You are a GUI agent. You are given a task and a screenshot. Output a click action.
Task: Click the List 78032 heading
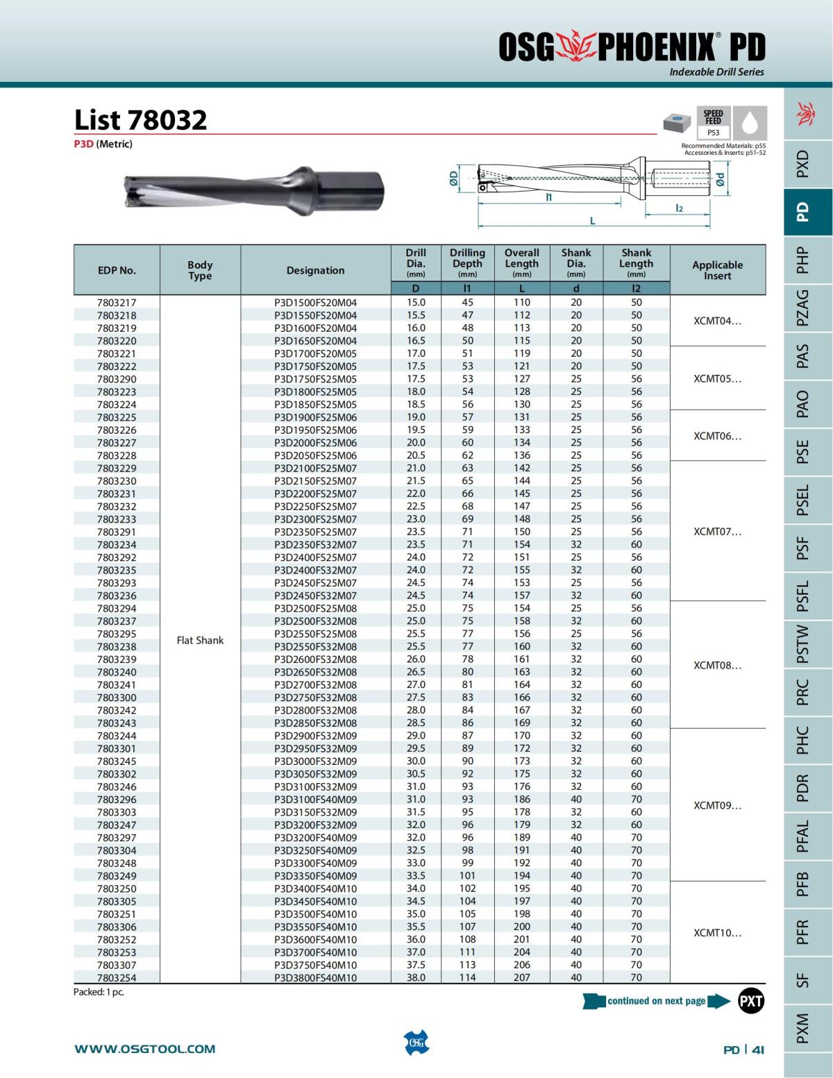coord(141,120)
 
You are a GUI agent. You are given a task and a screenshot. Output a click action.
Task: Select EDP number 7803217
coord(117,303)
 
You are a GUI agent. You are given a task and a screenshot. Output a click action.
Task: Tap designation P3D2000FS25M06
coord(315,443)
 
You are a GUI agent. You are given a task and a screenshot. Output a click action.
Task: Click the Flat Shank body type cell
coord(200,640)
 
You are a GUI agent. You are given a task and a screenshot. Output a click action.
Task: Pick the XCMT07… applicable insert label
coord(717,532)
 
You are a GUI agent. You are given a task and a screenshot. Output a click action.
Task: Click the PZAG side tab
coord(802,308)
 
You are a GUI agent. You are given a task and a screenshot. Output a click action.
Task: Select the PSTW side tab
coord(802,643)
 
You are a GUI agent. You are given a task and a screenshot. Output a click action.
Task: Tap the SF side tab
coord(802,979)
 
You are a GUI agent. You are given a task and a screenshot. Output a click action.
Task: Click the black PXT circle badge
coord(750,1001)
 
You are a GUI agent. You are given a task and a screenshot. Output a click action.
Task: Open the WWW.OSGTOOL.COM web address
coord(145,1049)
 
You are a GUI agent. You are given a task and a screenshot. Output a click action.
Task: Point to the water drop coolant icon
coord(749,123)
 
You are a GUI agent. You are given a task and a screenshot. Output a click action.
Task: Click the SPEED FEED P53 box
coord(713,123)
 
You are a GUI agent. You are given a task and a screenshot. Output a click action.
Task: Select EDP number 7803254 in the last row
coord(117,977)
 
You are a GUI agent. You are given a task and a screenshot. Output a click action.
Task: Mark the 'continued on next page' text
coord(656,1001)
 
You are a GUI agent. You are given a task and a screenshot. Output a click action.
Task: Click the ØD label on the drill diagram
coord(453,178)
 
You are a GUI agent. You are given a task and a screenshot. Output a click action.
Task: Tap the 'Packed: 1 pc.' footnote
coord(99,992)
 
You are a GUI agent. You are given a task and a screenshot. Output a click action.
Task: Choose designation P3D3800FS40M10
coord(315,977)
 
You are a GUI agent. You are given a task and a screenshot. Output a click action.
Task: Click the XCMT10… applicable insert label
coord(717,933)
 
